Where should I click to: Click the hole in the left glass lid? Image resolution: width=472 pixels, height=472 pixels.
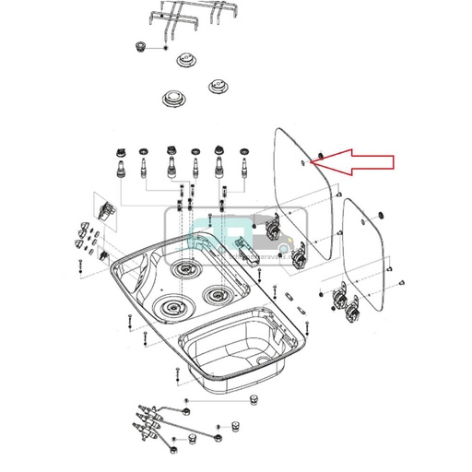pos(304,159)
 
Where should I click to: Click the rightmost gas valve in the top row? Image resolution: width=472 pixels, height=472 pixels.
pos(244,166)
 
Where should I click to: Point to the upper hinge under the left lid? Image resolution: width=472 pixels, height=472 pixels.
pos(273,225)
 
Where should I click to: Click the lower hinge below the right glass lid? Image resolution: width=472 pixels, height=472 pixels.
pos(351,314)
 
